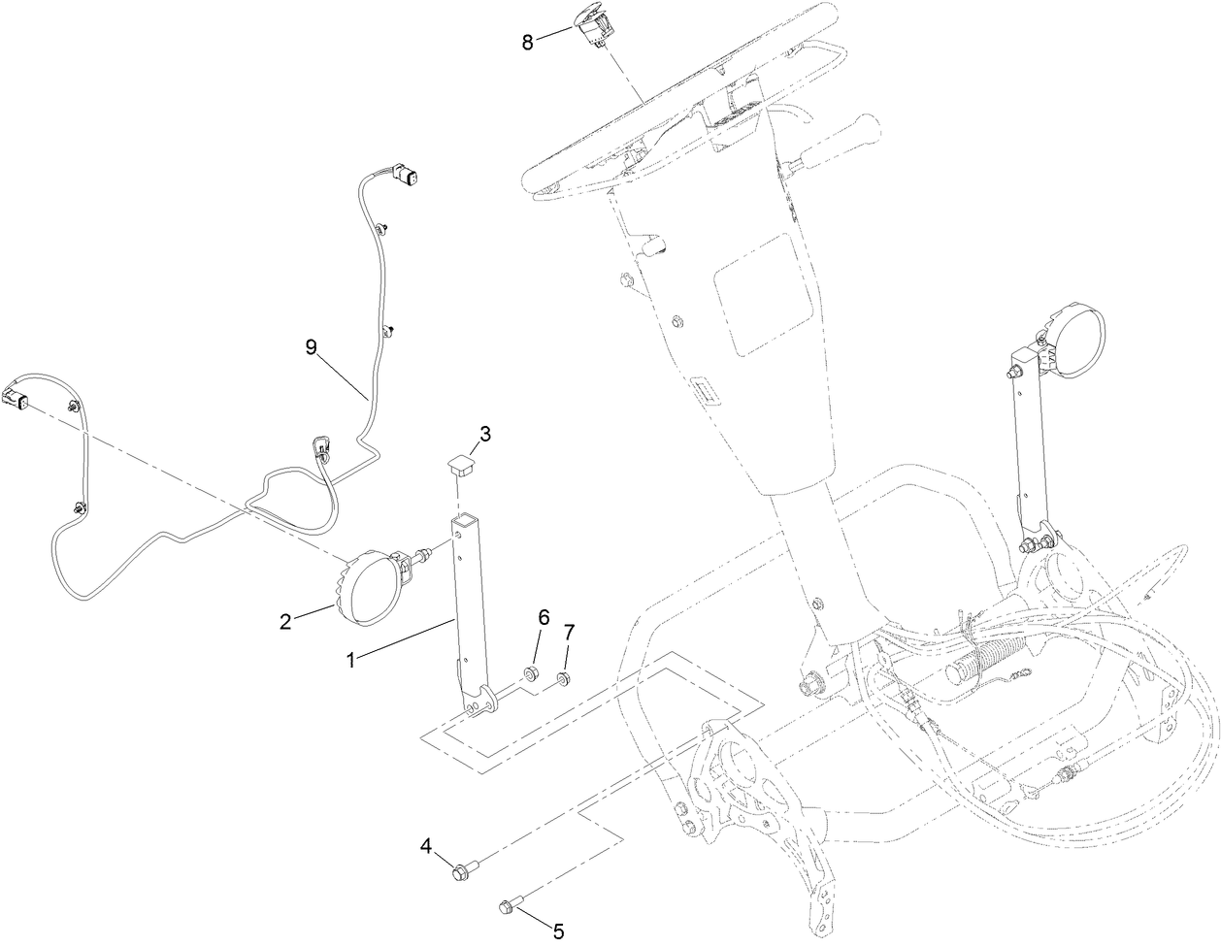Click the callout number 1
coord(351,661)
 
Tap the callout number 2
coord(286,621)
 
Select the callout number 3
coord(485,434)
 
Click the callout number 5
coord(558,931)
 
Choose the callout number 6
coord(544,617)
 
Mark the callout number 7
coord(569,633)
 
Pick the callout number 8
coord(528,42)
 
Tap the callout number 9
coord(312,347)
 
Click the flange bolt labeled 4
coord(466,870)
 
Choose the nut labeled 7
coord(563,678)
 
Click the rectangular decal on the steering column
coord(763,295)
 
